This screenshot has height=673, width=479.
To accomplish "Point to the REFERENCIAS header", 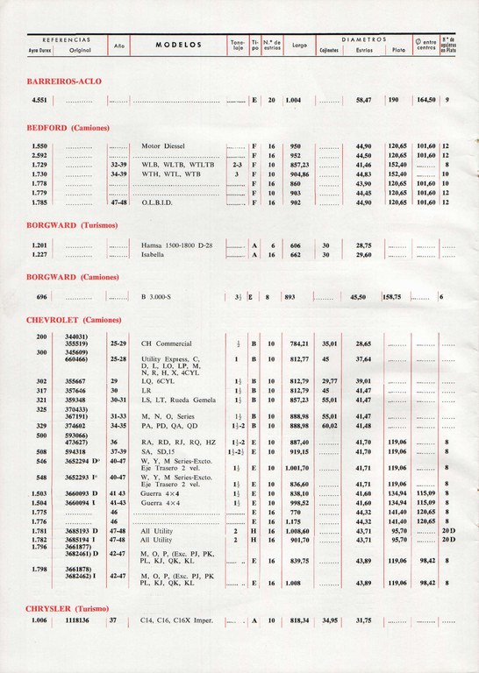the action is [60, 39].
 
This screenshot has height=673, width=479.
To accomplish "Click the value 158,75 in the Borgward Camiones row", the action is [390, 297].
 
